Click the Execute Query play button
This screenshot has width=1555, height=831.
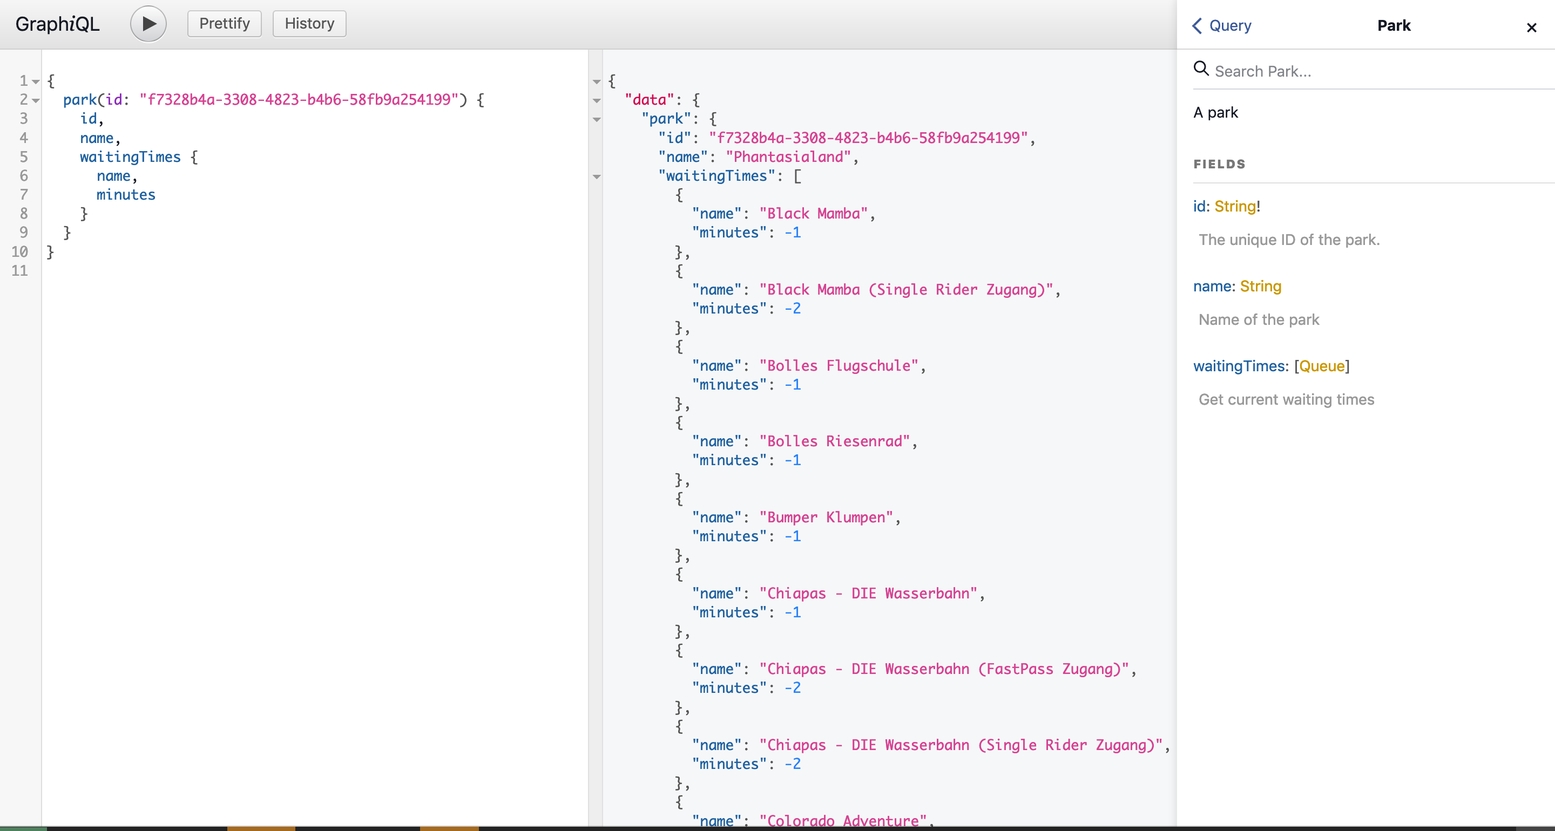point(148,24)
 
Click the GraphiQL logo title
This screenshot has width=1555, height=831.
point(57,24)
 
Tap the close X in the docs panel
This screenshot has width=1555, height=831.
point(1531,27)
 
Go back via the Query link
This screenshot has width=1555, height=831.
point(1222,25)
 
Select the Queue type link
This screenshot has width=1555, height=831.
point(1322,366)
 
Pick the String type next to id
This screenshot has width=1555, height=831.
point(1235,206)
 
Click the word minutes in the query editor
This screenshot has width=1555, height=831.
point(126,195)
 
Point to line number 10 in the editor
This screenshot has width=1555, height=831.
point(19,251)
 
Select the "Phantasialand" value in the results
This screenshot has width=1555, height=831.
point(788,157)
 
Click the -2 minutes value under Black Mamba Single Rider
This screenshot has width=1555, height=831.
point(793,308)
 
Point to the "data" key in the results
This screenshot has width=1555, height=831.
point(650,100)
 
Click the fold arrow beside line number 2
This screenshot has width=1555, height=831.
point(36,101)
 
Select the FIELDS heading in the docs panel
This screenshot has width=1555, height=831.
point(1219,164)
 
